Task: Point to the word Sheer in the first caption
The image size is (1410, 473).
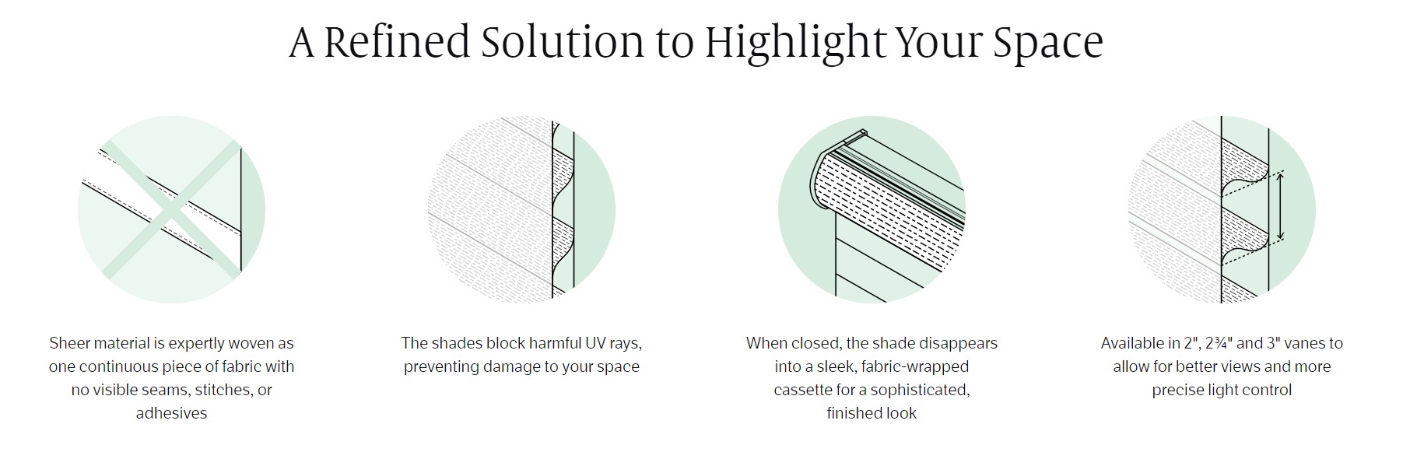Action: tap(69, 343)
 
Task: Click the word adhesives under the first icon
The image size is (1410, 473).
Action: tap(171, 413)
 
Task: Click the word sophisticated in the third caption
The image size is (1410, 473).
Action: tap(922, 390)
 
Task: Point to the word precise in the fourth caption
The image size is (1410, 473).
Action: tap(1180, 391)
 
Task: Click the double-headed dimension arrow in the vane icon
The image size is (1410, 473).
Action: tap(1281, 205)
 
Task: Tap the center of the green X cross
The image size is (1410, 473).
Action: tap(171, 209)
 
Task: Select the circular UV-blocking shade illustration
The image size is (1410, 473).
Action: tap(521, 209)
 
